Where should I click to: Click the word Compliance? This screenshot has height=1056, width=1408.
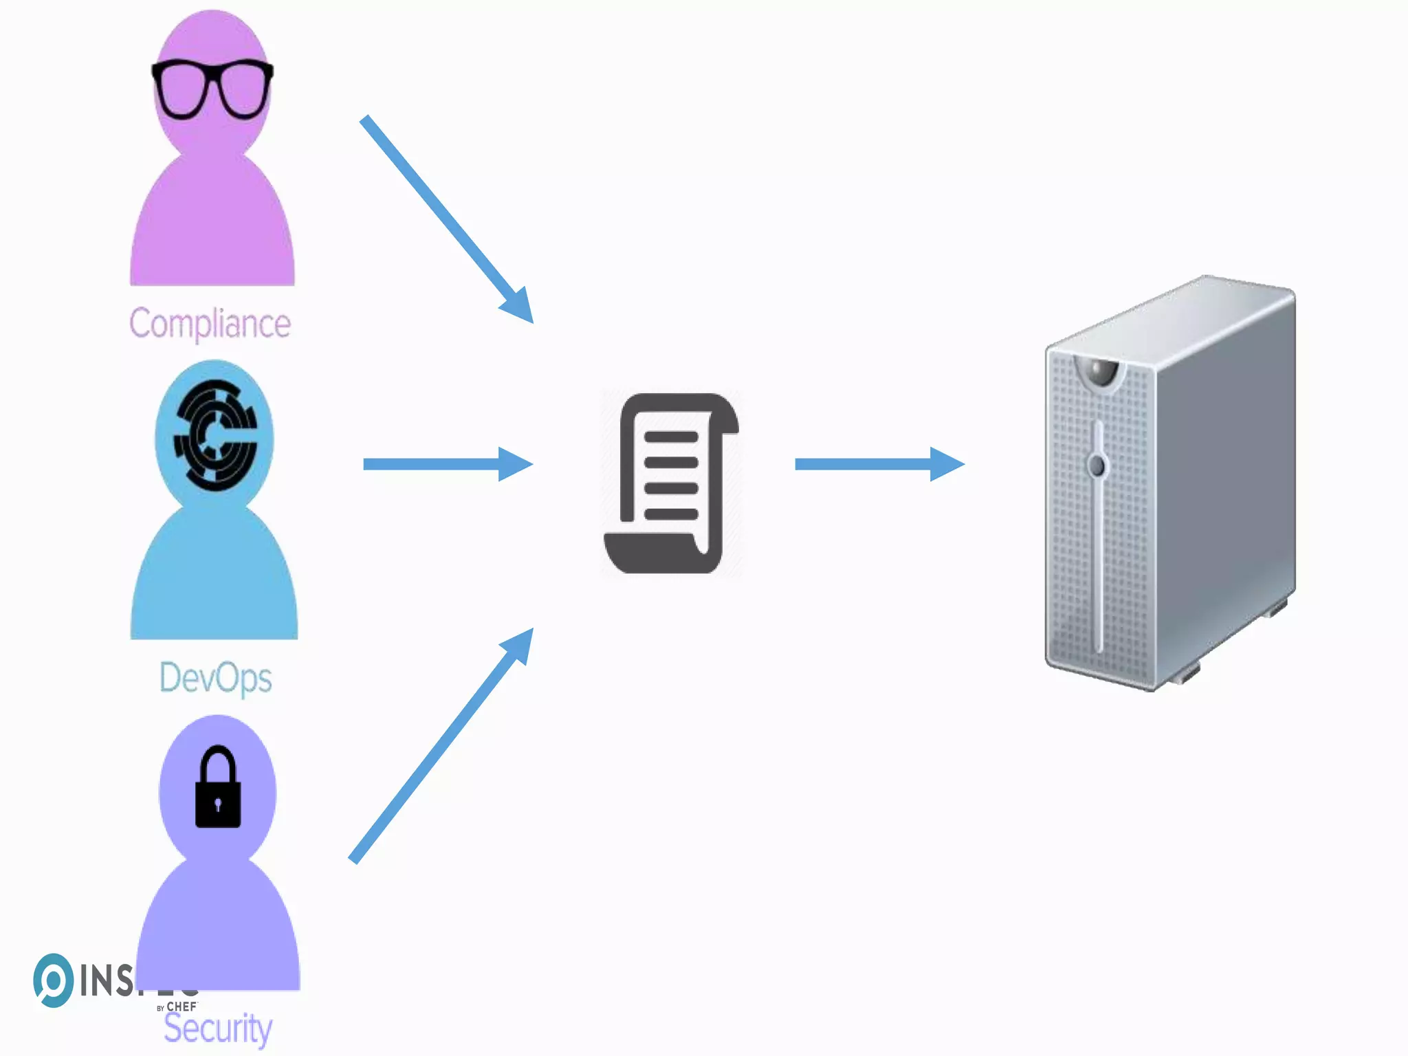click(210, 324)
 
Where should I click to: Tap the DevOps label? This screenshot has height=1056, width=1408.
click(215, 678)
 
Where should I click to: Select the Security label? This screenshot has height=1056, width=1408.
click(218, 1028)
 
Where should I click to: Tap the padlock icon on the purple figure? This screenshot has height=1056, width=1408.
click(218, 787)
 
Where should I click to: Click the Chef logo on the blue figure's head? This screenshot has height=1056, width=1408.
click(215, 436)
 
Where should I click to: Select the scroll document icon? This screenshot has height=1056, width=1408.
click(672, 483)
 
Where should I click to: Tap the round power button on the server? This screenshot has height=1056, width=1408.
click(1097, 465)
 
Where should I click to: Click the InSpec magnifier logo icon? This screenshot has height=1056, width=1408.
click(53, 980)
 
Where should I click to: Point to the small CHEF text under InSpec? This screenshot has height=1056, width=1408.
click(181, 1007)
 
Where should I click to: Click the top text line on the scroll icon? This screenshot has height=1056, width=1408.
click(671, 437)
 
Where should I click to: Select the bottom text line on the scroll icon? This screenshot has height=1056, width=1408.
click(671, 514)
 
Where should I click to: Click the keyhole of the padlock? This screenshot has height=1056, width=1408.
click(218, 804)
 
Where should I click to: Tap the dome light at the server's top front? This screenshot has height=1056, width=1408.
click(1099, 371)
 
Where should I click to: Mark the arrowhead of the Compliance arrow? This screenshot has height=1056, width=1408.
click(518, 305)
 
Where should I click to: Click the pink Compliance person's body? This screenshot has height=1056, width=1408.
click(212, 227)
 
